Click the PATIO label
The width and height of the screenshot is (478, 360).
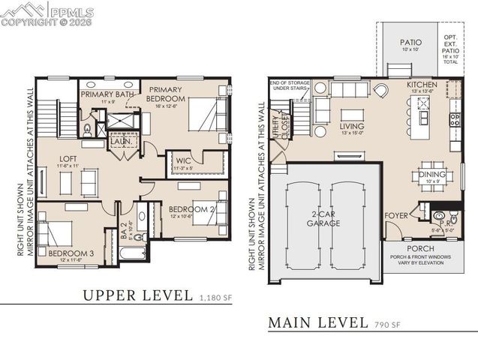[410, 43]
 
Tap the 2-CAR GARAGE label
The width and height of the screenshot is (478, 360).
[324, 218]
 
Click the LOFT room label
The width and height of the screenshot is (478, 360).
[63, 158]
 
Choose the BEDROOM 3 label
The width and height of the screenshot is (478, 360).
[71, 253]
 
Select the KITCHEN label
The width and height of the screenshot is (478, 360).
[422, 85]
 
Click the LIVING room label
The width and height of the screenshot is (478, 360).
[352, 127]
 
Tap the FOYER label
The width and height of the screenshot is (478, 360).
[396, 215]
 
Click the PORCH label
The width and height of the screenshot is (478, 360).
[420, 248]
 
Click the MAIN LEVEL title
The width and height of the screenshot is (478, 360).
[317, 323]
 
